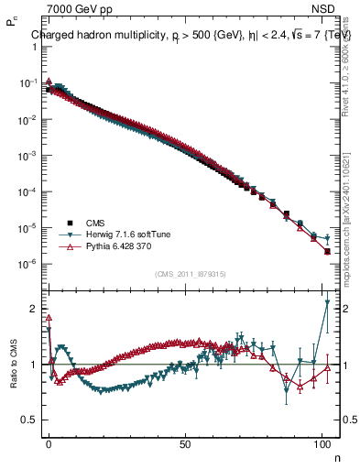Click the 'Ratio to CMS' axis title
pos(14,365)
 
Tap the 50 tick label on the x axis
pos(186,442)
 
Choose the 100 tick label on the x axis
pos(322,442)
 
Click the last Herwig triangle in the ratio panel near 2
pos(327,302)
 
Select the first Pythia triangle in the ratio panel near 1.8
pos(49,318)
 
